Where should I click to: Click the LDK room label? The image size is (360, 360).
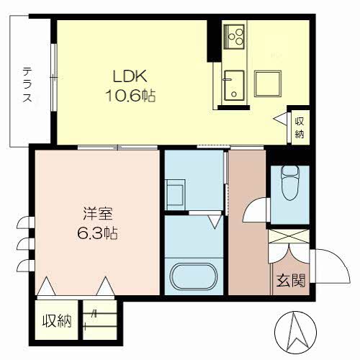129,74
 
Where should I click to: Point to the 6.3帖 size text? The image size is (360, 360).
98,234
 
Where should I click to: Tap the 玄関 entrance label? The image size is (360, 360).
291,280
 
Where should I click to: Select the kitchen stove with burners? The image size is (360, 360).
235,35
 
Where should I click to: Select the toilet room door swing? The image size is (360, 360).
255,211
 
